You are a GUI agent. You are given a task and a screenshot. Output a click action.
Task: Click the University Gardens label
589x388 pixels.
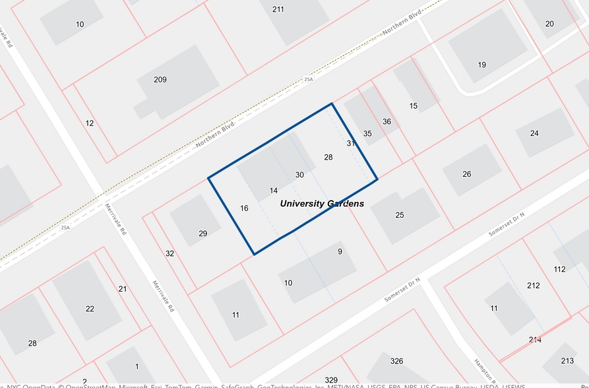(322, 204)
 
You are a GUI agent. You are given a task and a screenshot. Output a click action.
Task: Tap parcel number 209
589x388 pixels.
(160, 80)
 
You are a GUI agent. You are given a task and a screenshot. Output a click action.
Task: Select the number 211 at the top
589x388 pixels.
(278, 9)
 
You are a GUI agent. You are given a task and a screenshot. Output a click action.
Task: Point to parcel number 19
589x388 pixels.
(482, 65)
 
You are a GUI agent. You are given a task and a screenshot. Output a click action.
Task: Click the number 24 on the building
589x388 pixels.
(534, 133)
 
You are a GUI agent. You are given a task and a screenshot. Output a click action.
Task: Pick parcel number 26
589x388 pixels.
(467, 174)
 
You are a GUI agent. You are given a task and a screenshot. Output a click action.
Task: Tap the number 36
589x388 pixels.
(387, 121)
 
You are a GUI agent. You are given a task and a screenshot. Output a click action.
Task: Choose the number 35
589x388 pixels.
(367, 134)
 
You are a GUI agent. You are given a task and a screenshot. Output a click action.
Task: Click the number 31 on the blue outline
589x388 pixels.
(351, 143)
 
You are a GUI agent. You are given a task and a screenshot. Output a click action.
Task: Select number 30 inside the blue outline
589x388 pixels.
(299, 175)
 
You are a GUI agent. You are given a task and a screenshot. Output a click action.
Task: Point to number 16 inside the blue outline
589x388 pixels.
(244, 209)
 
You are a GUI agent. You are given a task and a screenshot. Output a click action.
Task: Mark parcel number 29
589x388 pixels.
(202, 234)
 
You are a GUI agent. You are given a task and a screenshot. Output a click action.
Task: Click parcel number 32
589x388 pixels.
(170, 253)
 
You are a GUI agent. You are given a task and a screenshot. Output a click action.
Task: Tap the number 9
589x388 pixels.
(340, 251)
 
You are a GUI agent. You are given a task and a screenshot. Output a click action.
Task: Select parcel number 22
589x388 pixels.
(90, 309)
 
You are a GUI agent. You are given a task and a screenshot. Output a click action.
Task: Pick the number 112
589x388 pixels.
(560, 269)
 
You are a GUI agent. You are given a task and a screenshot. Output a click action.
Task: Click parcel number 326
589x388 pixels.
(396, 361)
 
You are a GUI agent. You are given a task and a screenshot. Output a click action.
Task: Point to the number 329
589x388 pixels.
(331, 381)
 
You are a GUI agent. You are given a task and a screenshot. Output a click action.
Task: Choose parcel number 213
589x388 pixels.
(567, 361)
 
